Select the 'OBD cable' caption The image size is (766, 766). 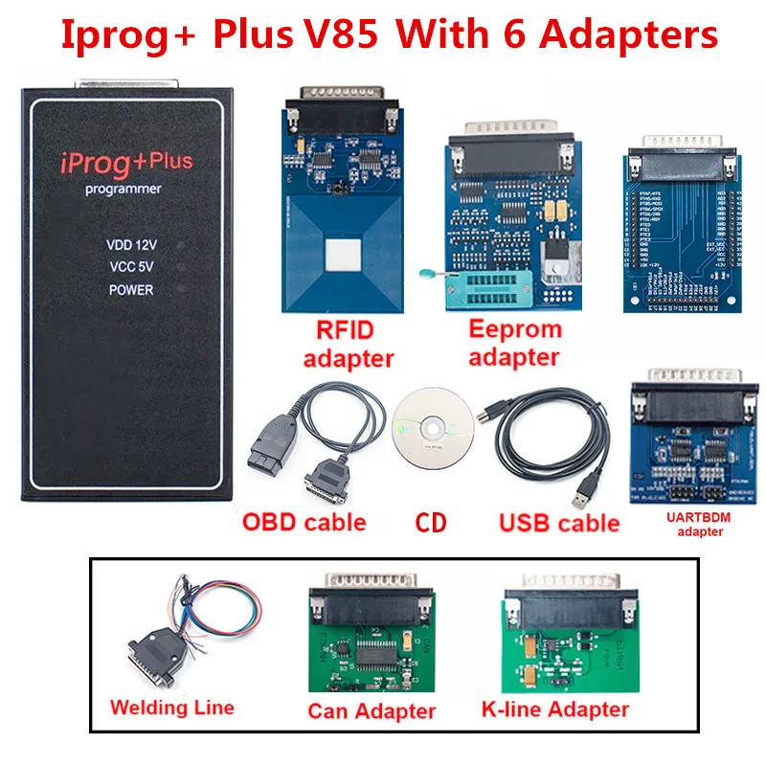pyautogui.click(x=304, y=522)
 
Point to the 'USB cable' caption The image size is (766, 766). pyautogui.click(x=559, y=523)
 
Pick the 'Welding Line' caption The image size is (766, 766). pyautogui.click(x=171, y=708)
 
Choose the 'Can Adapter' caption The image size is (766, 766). pyautogui.click(x=372, y=710)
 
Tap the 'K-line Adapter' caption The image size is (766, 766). pyautogui.click(x=556, y=709)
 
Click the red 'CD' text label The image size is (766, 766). pyautogui.click(x=432, y=523)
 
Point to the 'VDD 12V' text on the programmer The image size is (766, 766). pyautogui.click(x=131, y=245)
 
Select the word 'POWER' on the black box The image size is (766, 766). pyautogui.click(x=131, y=289)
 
